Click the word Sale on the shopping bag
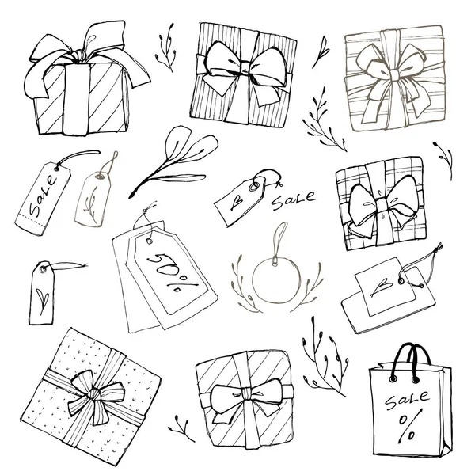pyautogui.click(x=407, y=400)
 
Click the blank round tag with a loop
pyautogui.click(x=276, y=271)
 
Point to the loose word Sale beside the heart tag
pyautogui.click(x=294, y=200)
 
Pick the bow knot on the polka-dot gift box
pyautogui.click(x=94, y=393)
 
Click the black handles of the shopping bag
pyautogui.click(x=410, y=362)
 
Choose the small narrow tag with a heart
pyautogui.click(x=42, y=293)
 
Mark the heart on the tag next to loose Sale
pyautogui.click(x=236, y=201)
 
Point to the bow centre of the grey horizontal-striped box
pyautogui.click(x=394, y=74)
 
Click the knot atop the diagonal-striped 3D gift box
pyautogui.click(x=79, y=56)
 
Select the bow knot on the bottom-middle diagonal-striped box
pyautogui.click(x=246, y=393)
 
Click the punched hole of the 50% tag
pyautogui.click(x=150, y=241)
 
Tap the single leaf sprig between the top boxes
pyautogui.click(x=321, y=51)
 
